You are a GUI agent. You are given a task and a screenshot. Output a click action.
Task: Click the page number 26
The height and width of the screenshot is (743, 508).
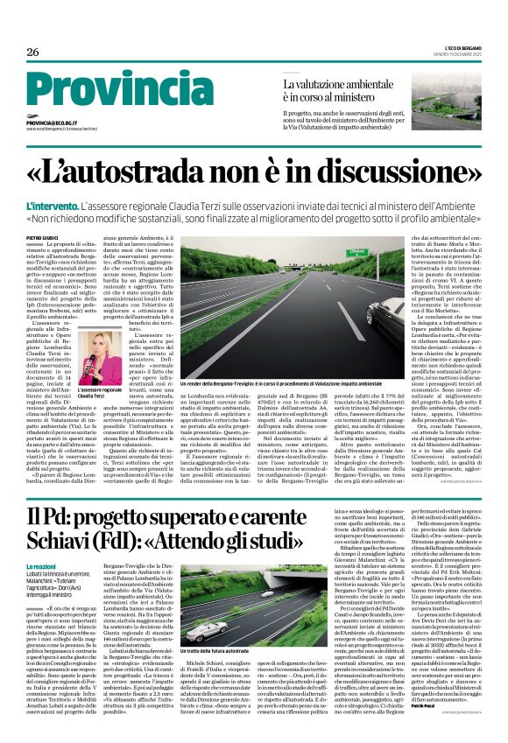tap(33, 53)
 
